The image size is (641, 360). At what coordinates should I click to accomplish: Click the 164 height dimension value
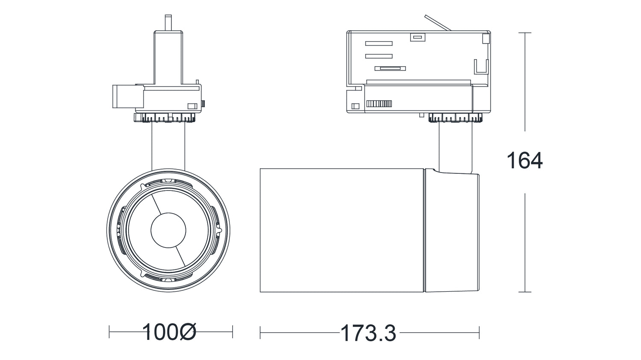(x=524, y=161)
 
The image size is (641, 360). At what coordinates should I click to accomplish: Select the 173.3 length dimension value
(x=368, y=333)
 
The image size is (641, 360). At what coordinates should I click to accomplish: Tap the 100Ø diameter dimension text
(x=169, y=332)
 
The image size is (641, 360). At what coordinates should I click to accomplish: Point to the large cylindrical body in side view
(x=342, y=230)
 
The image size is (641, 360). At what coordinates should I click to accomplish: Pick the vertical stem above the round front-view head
(x=168, y=145)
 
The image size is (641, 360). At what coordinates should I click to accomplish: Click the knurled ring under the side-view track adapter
(x=456, y=117)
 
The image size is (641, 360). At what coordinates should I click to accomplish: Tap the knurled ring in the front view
(x=166, y=117)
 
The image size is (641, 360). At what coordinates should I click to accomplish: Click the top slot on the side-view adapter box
(x=379, y=44)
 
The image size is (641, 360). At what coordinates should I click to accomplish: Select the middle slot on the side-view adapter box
(x=379, y=56)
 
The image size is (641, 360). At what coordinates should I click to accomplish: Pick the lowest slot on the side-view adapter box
(x=390, y=68)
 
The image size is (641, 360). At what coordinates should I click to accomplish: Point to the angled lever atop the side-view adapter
(x=438, y=23)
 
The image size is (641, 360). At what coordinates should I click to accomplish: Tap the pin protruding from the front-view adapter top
(x=168, y=23)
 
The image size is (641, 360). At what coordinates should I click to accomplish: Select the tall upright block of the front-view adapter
(x=168, y=57)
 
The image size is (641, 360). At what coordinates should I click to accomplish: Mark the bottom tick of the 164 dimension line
(x=525, y=292)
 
